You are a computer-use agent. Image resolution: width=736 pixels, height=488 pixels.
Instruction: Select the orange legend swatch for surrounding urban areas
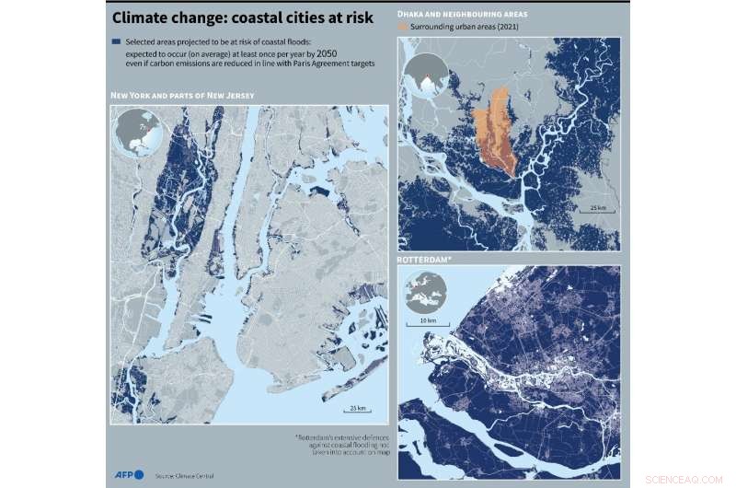coord(401,28)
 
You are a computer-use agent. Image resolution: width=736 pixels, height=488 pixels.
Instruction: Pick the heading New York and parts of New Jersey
coord(181,96)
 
